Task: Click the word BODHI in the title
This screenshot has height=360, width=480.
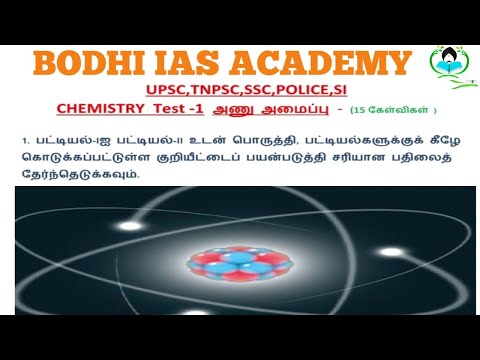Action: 89,63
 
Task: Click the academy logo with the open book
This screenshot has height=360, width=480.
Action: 450,65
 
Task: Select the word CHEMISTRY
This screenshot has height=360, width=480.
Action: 100,109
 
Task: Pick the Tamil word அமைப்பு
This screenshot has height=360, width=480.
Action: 294,110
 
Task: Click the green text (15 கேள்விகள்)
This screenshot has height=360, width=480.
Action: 393,110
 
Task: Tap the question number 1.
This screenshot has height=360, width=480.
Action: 25,141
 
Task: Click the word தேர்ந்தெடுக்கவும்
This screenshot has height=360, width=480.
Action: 80,174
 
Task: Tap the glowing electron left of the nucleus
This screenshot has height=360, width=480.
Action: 130,226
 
